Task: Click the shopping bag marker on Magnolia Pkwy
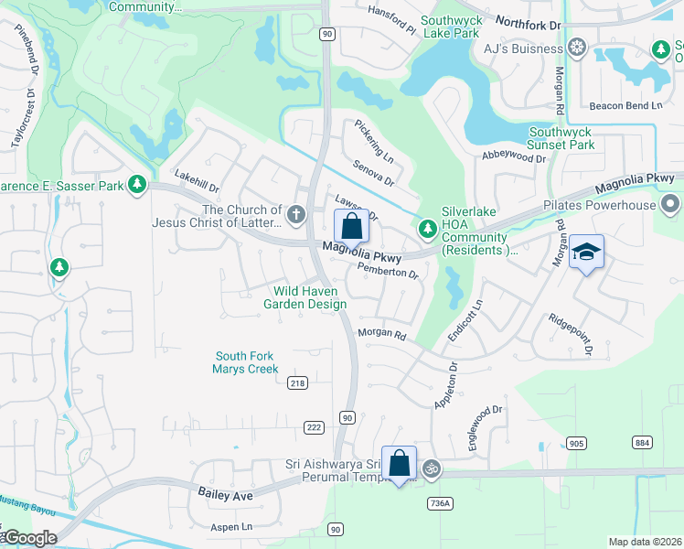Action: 351,226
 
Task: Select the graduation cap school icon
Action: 585,253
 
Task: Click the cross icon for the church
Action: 295,214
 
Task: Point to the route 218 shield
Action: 296,382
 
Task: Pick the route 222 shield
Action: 314,427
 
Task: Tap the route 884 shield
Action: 642,443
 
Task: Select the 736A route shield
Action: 440,502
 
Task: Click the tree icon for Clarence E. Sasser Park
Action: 137,186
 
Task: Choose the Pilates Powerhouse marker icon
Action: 669,204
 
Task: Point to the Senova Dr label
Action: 372,171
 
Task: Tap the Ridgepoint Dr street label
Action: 571,334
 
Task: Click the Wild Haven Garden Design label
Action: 305,297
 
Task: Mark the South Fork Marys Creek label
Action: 244,362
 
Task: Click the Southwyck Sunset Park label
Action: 561,138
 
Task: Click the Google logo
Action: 29,538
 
